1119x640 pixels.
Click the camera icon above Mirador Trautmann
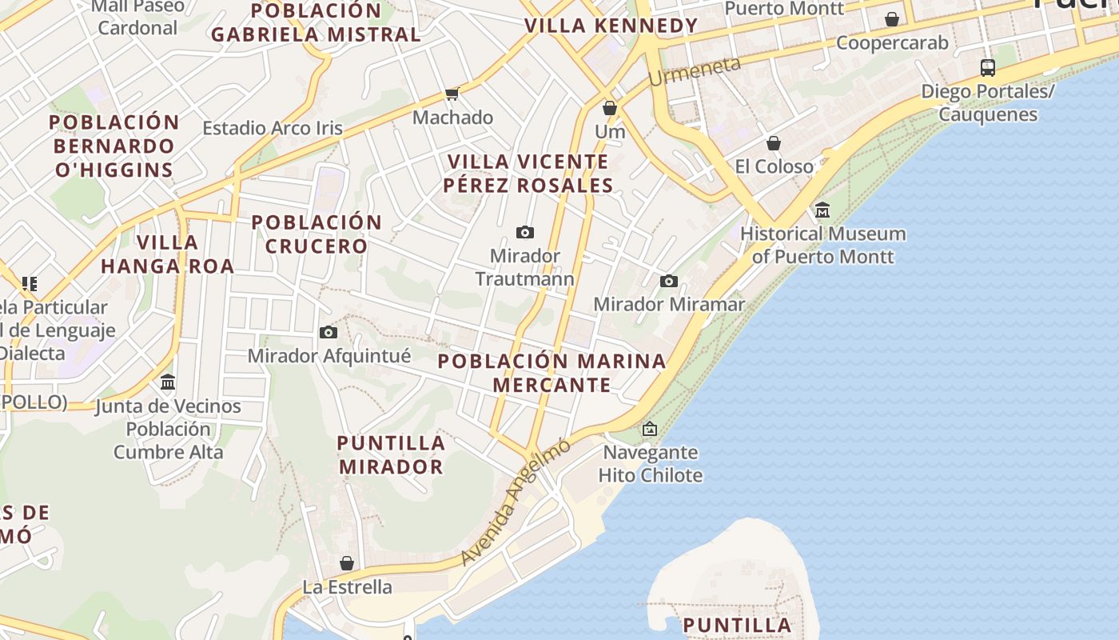(x=525, y=233)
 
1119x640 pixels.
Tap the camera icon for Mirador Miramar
(x=669, y=281)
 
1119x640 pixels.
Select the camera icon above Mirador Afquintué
(x=329, y=332)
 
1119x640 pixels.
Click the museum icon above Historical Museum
(x=822, y=210)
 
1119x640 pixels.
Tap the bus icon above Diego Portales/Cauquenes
(x=988, y=68)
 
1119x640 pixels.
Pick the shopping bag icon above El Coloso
(x=774, y=143)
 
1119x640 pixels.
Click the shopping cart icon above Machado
(x=452, y=94)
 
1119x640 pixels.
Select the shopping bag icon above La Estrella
(x=347, y=563)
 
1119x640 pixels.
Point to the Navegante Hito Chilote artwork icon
(x=650, y=430)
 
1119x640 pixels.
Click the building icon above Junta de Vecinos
(x=168, y=382)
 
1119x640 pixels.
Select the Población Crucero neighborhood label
(x=317, y=234)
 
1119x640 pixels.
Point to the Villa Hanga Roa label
(x=168, y=254)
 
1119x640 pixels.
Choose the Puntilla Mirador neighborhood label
(x=391, y=454)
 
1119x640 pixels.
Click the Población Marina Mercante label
(x=552, y=373)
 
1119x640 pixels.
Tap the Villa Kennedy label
(x=611, y=26)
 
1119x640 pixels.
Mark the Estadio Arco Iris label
(x=272, y=128)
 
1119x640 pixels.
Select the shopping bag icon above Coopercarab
(x=892, y=19)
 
